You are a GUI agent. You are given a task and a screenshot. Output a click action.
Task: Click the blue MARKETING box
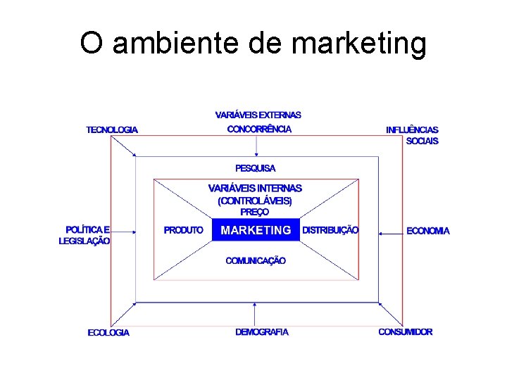click(x=256, y=230)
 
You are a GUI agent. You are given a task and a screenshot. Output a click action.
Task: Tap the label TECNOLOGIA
click(x=112, y=129)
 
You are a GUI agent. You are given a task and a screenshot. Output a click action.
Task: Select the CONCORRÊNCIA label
click(x=258, y=129)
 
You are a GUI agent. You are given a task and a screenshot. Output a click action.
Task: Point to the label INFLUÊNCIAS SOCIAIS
click(x=413, y=135)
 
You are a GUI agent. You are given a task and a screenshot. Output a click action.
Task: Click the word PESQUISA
click(x=256, y=168)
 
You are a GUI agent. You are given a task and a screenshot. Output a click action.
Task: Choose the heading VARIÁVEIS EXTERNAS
click(x=258, y=114)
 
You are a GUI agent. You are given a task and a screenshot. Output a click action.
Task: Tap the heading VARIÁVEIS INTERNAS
click(x=255, y=189)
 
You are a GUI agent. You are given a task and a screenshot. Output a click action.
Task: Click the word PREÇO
click(x=254, y=211)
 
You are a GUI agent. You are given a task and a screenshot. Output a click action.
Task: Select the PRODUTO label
click(x=183, y=230)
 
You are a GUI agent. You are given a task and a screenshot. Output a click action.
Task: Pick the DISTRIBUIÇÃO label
click(x=330, y=230)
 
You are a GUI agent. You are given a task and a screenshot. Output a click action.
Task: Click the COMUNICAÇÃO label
click(x=256, y=261)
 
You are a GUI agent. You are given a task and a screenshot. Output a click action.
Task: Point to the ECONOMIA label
click(x=427, y=231)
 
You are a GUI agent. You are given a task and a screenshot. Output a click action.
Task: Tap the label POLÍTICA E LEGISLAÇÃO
click(x=85, y=235)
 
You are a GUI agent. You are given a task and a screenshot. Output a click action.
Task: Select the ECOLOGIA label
click(x=108, y=332)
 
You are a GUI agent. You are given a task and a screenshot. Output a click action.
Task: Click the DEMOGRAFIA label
click(x=262, y=331)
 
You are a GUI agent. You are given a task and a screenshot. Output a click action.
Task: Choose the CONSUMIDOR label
click(x=406, y=331)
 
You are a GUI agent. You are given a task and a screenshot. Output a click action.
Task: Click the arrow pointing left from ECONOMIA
click(x=389, y=231)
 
